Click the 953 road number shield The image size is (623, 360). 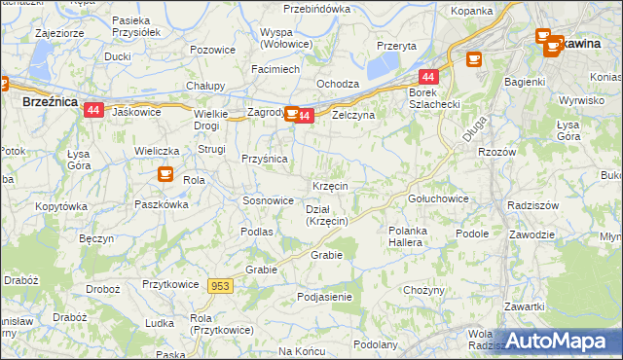220,286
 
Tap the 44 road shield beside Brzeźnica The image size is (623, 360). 93,110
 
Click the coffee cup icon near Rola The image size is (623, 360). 165,174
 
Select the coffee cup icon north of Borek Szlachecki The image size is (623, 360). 474,59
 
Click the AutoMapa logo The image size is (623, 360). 557,342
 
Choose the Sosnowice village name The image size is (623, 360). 268,200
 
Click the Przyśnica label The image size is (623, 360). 263,159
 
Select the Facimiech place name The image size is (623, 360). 275,70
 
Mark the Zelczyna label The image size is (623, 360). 353,115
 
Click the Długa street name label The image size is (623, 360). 474,129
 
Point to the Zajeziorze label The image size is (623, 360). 58,32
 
